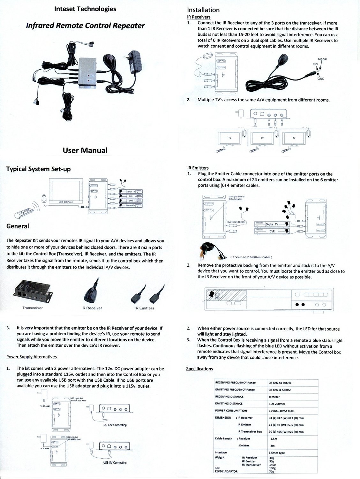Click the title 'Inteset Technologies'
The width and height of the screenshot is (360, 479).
[x=85, y=9]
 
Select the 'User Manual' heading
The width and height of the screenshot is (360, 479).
[x=85, y=150]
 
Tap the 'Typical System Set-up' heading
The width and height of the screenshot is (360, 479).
[x=38, y=169]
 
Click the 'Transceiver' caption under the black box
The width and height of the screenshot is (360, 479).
[x=32, y=308]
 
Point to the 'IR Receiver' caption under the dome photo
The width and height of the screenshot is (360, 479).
[x=92, y=308]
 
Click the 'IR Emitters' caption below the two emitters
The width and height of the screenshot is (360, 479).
[x=144, y=308]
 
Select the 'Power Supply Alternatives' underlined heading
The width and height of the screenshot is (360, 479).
[x=32, y=357]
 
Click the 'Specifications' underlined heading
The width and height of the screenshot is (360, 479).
[x=199, y=369]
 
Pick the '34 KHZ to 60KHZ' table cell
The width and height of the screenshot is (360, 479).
[x=280, y=383]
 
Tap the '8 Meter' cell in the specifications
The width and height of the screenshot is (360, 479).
[x=274, y=397]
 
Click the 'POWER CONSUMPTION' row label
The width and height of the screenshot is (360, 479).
[x=231, y=411]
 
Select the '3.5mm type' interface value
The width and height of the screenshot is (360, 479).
[x=277, y=453]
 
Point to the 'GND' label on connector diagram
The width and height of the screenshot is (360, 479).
[x=321, y=79]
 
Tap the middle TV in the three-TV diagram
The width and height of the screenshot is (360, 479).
[x=262, y=138]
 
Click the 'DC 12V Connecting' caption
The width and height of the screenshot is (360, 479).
[x=115, y=425]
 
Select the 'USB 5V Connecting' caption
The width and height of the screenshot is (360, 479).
[x=115, y=462]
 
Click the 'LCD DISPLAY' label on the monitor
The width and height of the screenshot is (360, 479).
[x=66, y=202]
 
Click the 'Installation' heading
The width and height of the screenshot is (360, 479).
[x=203, y=10]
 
